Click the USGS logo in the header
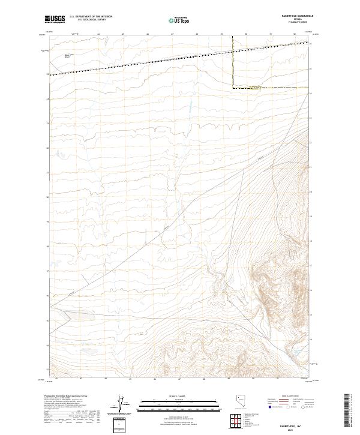(x=55, y=20)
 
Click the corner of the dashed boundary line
(x=233, y=88)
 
